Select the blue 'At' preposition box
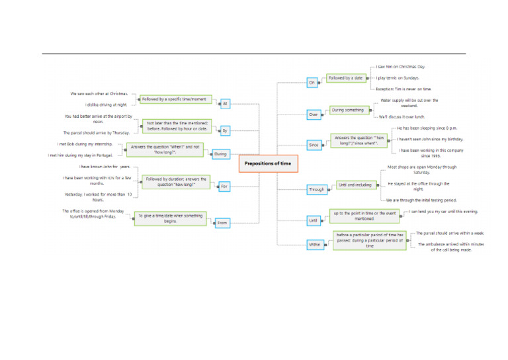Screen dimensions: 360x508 point(225,104)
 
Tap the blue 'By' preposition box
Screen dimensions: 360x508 point(225,131)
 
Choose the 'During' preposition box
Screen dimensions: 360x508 point(220,154)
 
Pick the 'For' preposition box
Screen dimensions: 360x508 point(224,187)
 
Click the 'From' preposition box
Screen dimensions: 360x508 point(222,224)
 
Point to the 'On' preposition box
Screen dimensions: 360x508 point(312,83)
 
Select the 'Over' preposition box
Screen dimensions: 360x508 point(314,114)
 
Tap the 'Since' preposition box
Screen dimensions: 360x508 point(314,144)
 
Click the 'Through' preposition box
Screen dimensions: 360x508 point(317,190)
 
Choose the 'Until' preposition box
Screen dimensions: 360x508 point(314,220)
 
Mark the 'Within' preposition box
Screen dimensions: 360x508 point(315,244)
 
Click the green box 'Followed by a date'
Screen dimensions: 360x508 point(345,78)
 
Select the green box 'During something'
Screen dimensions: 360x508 point(347,110)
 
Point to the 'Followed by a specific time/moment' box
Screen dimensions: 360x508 point(175,99)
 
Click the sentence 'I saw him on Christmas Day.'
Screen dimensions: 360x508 point(402,67)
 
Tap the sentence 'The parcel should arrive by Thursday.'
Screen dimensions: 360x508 point(97,132)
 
